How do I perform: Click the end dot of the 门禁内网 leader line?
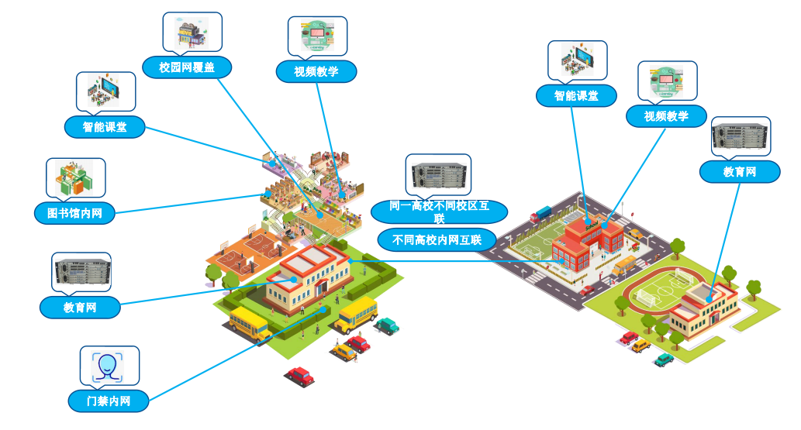pos(323,309)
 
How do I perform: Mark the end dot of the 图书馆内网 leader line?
pos(268,194)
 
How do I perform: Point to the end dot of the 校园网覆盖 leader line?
pos(320,215)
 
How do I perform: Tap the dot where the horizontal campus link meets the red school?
pos(562,261)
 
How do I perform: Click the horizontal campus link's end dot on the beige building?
pos(350,261)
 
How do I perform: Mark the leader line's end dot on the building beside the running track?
pos(709,299)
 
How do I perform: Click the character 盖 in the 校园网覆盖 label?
pos(209,67)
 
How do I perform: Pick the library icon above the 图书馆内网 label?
pos(74,178)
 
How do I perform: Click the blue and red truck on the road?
pos(541,214)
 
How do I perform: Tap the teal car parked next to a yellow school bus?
pos(387,325)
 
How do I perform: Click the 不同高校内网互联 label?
pos(437,239)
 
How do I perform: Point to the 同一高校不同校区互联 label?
pos(440,212)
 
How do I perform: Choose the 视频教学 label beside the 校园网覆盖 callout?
pos(316,71)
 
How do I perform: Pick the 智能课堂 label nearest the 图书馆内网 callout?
pos(105,127)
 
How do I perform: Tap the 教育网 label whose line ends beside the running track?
pos(740,171)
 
